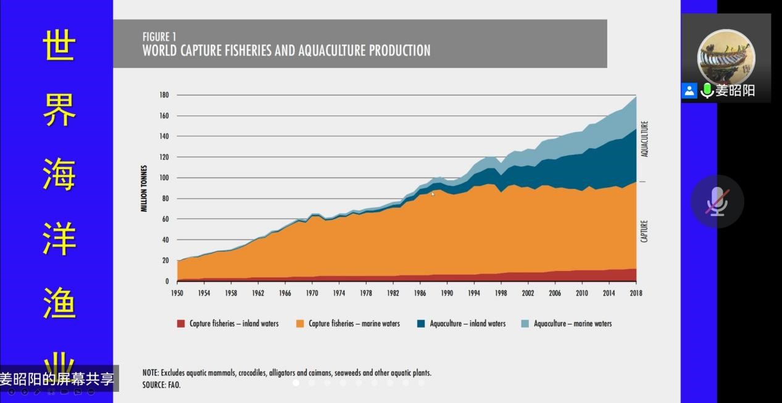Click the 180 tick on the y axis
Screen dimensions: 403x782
coord(164,95)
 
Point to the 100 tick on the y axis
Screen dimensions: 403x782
coord(164,178)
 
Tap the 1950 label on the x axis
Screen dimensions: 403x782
coord(177,293)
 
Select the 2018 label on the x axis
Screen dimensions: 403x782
coord(635,293)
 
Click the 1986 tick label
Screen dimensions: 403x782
coord(420,293)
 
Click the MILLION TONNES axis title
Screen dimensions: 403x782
coord(144,188)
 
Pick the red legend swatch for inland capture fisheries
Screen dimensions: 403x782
coord(181,323)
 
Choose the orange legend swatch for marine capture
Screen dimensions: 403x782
coord(301,323)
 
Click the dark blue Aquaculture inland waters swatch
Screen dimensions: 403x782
coord(422,323)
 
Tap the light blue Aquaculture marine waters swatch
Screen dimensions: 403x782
coord(525,323)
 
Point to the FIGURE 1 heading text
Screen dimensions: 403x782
coord(159,37)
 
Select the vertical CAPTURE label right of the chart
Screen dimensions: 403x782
coord(644,231)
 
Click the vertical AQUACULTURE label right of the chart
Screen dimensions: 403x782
coord(644,139)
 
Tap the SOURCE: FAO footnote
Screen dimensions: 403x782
coord(162,384)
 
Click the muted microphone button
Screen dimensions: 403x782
coord(717,201)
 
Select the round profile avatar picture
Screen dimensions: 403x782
coord(726,57)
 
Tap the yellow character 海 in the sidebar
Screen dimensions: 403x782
coord(59,174)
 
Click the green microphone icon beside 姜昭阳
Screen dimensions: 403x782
coord(707,91)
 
